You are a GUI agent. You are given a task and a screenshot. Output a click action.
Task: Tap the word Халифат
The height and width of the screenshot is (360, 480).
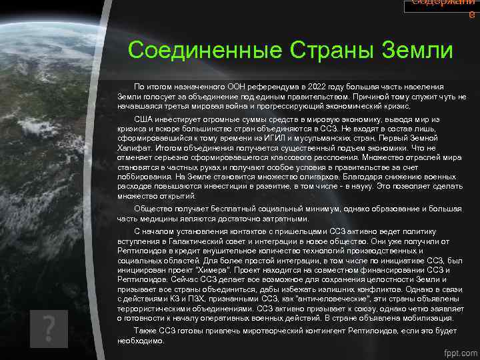click(x=134, y=147)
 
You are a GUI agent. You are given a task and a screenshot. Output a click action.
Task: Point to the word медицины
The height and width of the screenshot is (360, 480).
click(x=148, y=218)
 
